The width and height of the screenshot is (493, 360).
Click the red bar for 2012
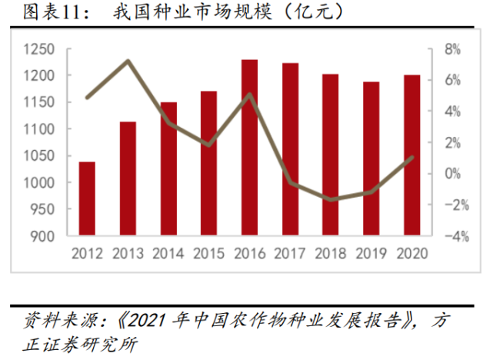(x=87, y=198)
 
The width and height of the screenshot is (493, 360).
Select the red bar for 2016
(x=249, y=147)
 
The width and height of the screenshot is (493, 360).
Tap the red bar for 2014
(x=168, y=168)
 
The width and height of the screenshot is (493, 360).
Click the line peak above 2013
(x=128, y=61)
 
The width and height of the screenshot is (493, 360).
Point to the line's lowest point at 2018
(x=330, y=199)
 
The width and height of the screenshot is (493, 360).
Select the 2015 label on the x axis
(x=208, y=252)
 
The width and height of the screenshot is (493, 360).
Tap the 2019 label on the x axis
(x=371, y=252)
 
